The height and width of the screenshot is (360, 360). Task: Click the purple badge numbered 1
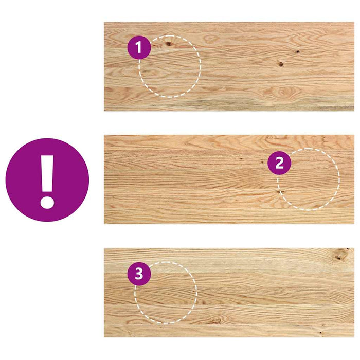click(139, 48)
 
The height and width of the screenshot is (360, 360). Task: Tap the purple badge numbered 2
click(279, 163)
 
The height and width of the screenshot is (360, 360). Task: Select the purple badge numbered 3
click(139, 274)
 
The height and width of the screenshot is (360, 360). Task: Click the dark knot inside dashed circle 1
click(169, 44)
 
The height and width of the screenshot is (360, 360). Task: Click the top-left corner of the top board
click(105, 23)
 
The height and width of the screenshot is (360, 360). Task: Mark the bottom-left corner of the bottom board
click(105, 336)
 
